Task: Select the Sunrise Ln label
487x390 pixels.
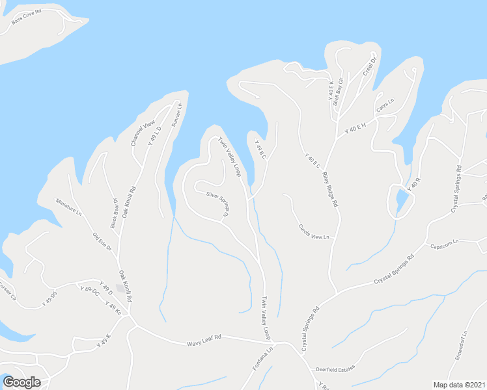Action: [176, 114]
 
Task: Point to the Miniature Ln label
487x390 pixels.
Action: [68, 207]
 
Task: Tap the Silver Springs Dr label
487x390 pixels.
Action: [218, 204]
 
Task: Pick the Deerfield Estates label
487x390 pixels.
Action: [336, 369]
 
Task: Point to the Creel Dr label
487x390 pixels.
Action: [370, 68]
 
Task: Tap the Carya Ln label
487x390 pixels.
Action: [385, 104]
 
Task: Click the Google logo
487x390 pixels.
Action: [21, 382]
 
